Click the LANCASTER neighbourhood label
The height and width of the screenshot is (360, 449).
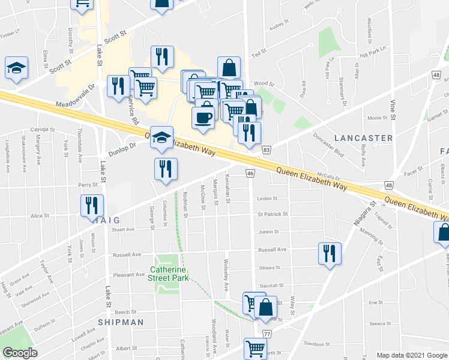click(x=363, y=138)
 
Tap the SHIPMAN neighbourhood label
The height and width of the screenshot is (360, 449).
click(x=121, y=322)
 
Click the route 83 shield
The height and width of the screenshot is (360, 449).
click(x=267, y=149)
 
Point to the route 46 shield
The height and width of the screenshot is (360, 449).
click(x=250, y=173)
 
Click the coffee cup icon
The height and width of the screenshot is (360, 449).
click(x=203, y=117)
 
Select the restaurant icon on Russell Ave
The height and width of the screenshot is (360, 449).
click(x=330, y=253)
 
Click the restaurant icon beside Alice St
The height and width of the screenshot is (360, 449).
click(x=92, y=205)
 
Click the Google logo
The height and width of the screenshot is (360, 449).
click(x=20, y=353)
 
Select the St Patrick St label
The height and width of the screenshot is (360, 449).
click(x=273, y=214)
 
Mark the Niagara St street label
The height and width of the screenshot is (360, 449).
click(x=359, y=223)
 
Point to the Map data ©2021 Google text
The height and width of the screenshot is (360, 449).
click(x=411, y=355)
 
